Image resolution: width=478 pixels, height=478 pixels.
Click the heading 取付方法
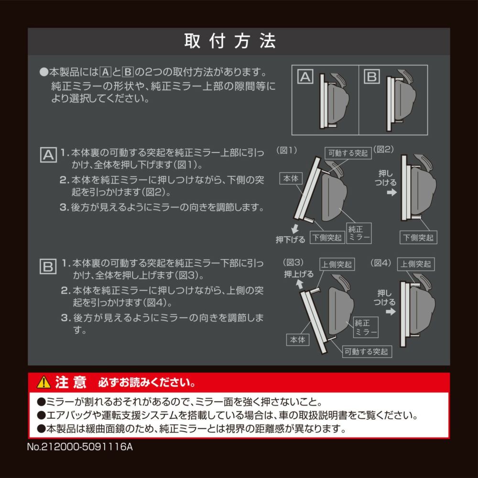[x=230, y=42]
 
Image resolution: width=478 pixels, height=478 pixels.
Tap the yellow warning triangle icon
[x=43, y=382]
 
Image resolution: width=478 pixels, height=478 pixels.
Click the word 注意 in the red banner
[x=71, y=382]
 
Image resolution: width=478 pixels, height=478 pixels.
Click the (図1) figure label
[x=287, y=150]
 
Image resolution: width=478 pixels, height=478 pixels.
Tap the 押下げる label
[x=290, y=239]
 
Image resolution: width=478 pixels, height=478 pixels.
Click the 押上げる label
[x=299, y=274]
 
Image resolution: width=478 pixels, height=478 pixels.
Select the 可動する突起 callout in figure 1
[x=348, y=153]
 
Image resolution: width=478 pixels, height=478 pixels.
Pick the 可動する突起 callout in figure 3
[x=366, y=352]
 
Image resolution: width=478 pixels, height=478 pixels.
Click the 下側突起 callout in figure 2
[x=419, y=237]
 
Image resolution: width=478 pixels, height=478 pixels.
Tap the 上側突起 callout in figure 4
[x=416, y=264]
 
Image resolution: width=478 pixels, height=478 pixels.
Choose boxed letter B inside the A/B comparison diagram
[x=371, y=77]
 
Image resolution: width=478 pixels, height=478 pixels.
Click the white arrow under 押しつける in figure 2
[x=391, y=193]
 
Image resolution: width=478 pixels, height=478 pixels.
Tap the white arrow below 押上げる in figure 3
[x=299, y=284]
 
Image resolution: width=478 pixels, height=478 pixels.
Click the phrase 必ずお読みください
[x=146, y=383]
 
